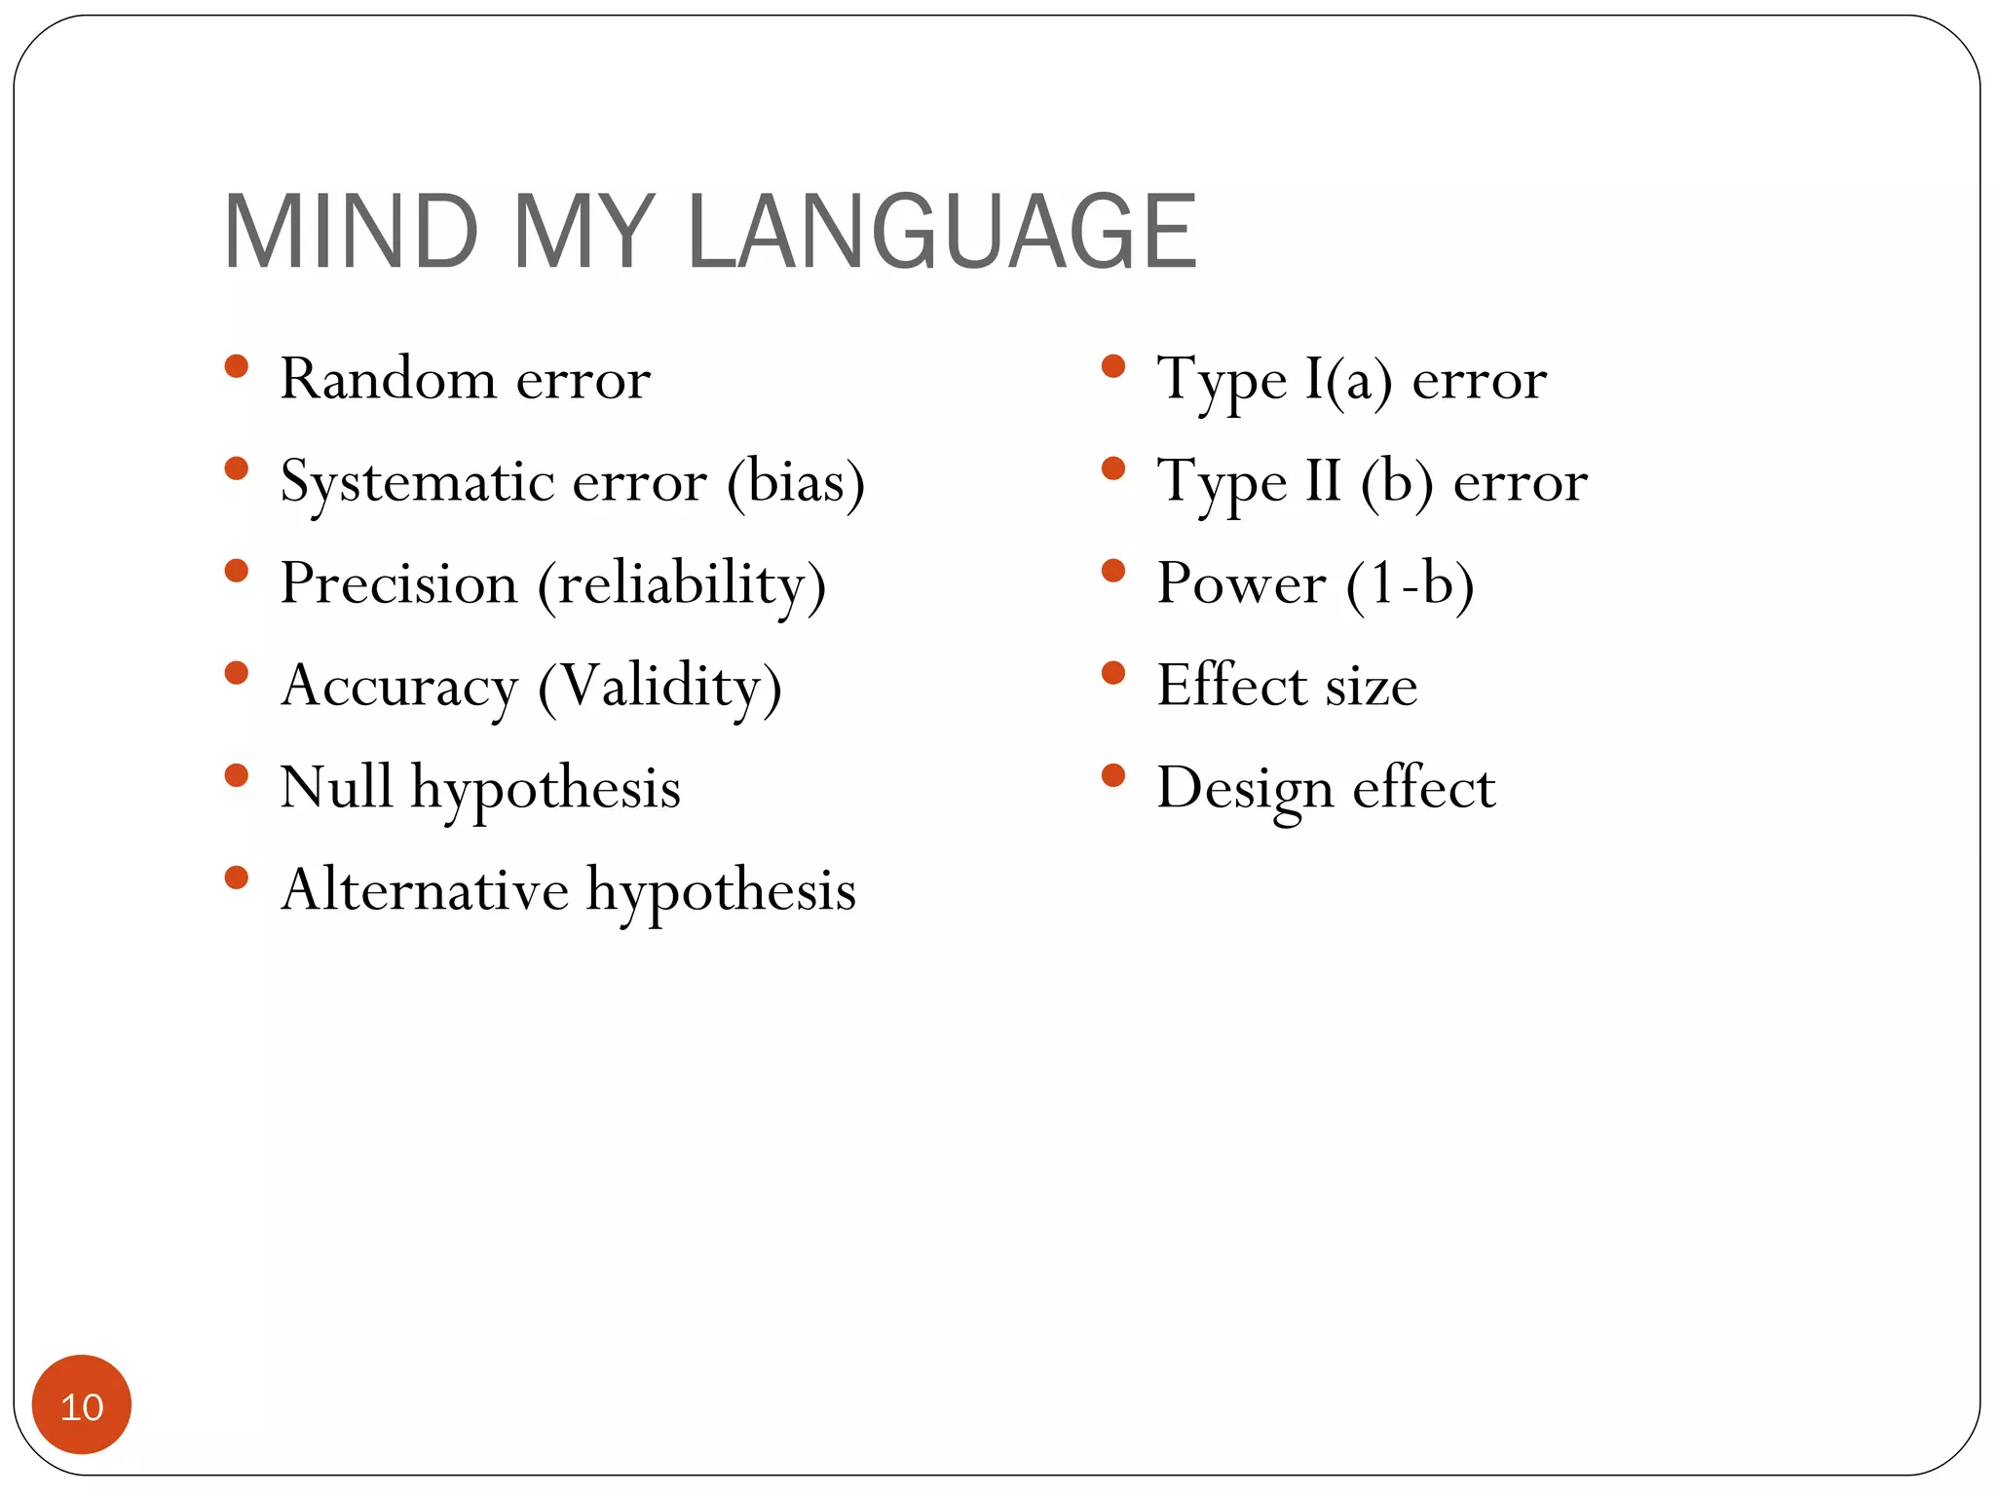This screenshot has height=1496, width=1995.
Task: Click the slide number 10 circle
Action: (x=82, y=1405)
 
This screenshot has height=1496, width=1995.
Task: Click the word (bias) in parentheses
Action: (x=796, y=481)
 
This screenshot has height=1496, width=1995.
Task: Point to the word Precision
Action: (x=398, y=583)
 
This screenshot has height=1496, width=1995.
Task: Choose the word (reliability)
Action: (x=682, y=585)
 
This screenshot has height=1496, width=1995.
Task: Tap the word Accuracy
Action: (x=399, y=687)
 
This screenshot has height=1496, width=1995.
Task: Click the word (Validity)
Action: (x=659, y=687)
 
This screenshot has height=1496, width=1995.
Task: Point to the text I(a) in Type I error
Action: (x=1348, y=379)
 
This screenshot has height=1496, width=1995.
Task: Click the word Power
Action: (x=1241, y=583)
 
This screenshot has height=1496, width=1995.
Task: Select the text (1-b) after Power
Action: (x=1410, y=584)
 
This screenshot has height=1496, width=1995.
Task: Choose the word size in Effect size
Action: (x=1371, y=686)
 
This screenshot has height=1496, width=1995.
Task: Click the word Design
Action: (x=1244, y=788)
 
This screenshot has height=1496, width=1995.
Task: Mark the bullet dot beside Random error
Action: (x=236, y=367)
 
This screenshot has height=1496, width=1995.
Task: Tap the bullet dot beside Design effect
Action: (x=1112, y=776)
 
